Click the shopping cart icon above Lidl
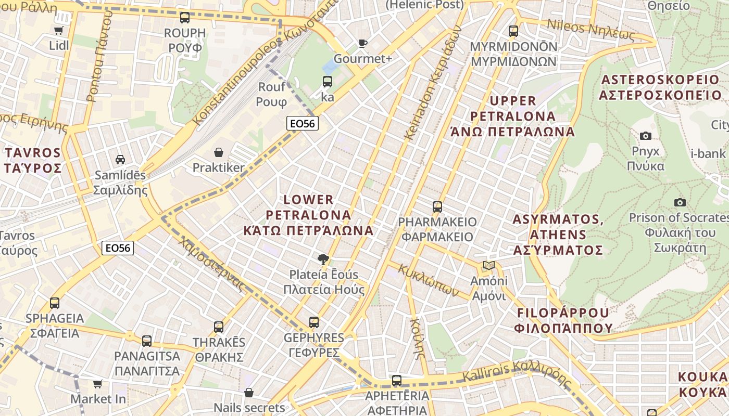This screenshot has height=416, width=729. (59, 30)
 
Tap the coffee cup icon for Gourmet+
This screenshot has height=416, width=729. (363, 43)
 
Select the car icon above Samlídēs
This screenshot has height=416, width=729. (120, 160)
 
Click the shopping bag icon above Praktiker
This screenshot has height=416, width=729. (219, 152)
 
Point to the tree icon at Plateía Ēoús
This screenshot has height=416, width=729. (323, 259)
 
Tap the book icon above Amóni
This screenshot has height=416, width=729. (488, 266)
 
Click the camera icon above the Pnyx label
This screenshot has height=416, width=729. (646, 136)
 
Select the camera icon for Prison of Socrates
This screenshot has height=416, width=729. (680, 202)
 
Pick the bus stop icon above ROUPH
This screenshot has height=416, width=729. (185, 18)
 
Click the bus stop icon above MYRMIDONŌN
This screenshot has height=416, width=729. (513, 31)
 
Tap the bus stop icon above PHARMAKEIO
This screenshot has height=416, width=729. (437, 206)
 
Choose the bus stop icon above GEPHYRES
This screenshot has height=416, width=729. (313, 322)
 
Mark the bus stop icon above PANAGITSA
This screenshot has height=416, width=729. (147, 341)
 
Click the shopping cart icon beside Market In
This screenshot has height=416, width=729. (97, 384)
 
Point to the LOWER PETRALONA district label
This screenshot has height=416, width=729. (309, 215)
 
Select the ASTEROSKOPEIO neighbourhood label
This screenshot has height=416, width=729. (660, 87)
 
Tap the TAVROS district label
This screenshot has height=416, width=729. (33, 160)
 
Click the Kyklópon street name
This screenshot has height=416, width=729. (429, 281)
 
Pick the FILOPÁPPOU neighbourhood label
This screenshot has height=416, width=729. (563, 320)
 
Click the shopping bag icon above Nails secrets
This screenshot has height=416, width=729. (249, 393)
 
